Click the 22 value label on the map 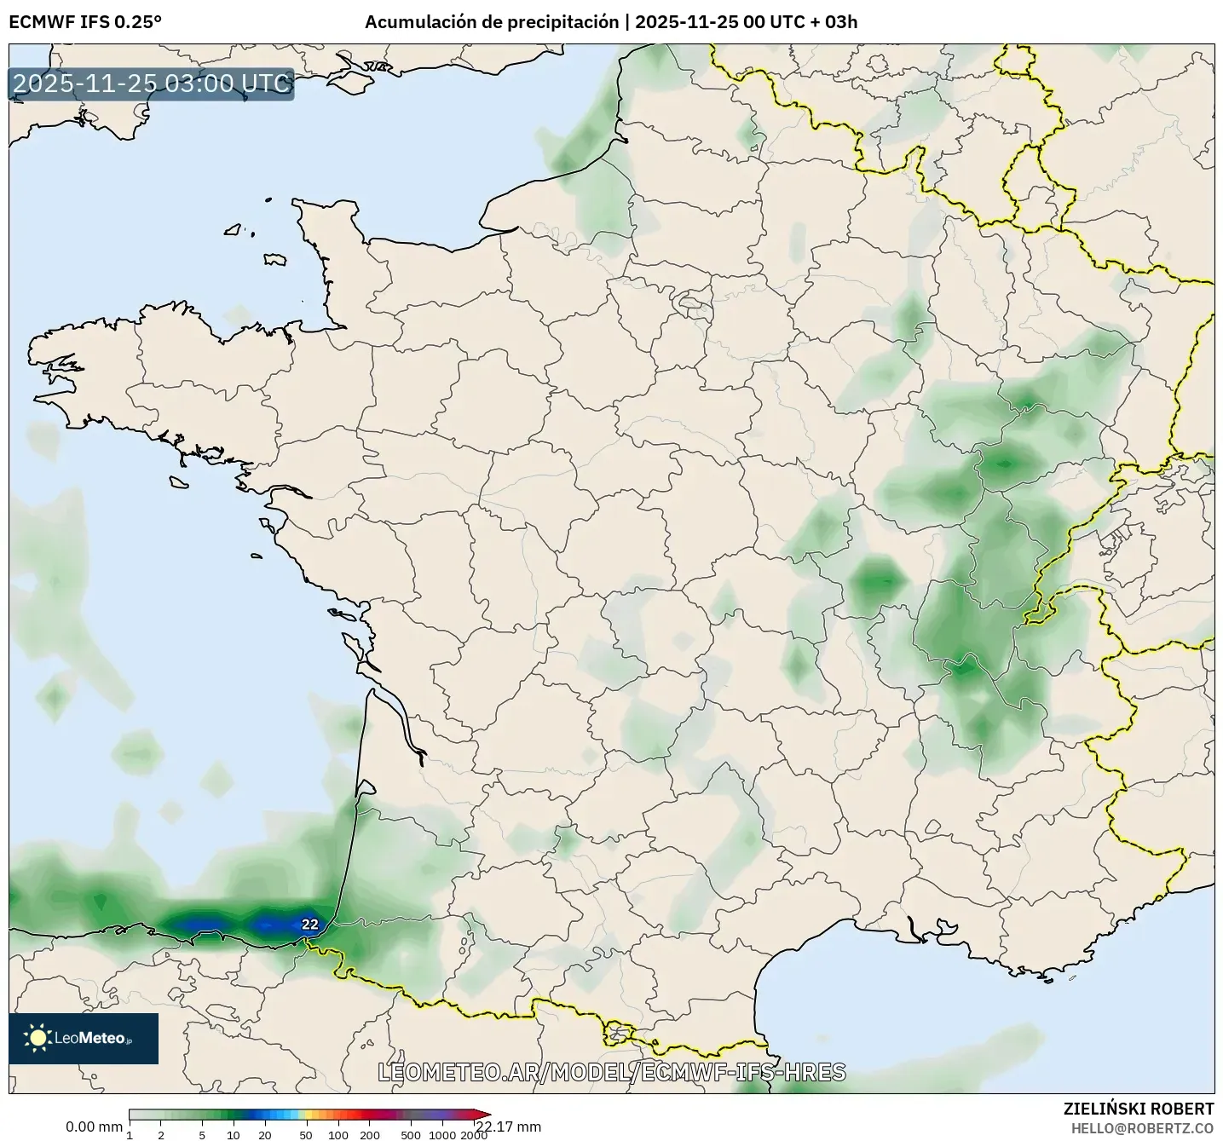coord(310,925)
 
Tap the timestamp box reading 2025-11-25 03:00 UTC coord(152,84)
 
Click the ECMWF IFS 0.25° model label coord(84,22)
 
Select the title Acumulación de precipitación coord(492,22)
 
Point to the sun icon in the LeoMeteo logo coord(37,1038)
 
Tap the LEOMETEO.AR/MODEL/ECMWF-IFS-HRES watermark coord(612,1072)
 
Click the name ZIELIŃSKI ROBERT coord(1139,1109)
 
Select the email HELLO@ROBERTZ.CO coord(1142,1127)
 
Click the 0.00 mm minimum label coord(94,1127)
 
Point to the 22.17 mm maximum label coord(509,1127)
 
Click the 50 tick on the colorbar coord(306,1135)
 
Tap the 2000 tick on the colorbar coord(475,1135)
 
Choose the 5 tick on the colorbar coord(202,1135)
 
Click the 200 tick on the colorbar coord(369,1135)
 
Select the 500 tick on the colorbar coord(411,1135)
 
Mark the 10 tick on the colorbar coord(234,1135)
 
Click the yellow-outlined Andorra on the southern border coord(615,1034)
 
